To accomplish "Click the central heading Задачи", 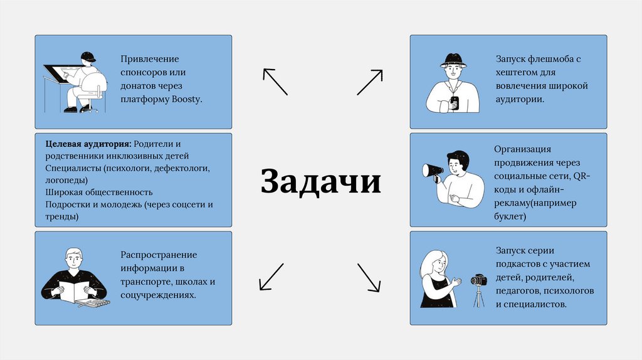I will point(320,182).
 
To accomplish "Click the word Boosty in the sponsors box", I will point(186,99).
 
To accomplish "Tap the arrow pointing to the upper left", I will point(275,82).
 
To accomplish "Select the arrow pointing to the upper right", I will point(370,82).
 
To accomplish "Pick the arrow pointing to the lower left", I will point(271,277).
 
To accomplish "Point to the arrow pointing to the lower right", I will point(369,277).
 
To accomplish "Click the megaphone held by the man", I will point(431,170).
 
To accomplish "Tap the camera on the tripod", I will point(479,280).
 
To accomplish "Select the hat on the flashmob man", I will point(453,60).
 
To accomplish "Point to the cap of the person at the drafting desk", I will point(88,57).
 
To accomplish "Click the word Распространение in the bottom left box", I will point(159,255).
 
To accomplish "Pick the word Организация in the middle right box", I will point(522,149).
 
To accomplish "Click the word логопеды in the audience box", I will point(62,180).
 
